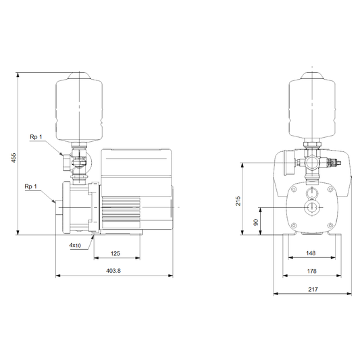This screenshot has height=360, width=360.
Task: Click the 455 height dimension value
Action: coord(14,158)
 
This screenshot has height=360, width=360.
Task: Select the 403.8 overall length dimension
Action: coord(113,271)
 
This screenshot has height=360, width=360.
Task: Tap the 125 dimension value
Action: coord(115,253)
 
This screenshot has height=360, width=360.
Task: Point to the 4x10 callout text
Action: coord(75,245)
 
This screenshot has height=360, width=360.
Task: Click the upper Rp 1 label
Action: coord(36,137)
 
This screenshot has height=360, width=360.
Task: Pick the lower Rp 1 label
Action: coord(31,186)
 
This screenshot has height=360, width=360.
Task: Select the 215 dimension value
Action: coord(238,201)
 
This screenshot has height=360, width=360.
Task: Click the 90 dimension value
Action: coord(256,222)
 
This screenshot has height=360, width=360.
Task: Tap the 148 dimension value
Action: coord(311,253)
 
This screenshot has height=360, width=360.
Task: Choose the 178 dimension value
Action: coord(311,271)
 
